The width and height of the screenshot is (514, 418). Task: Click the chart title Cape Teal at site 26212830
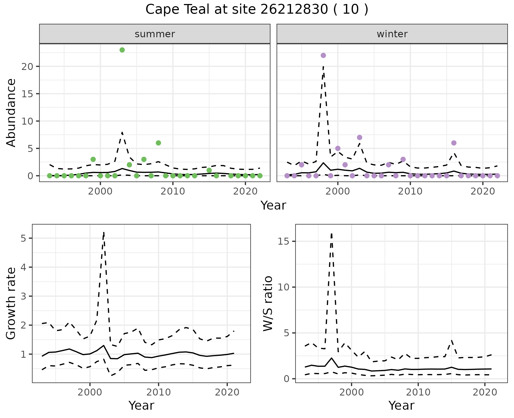256,10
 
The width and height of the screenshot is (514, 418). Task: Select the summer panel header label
155,34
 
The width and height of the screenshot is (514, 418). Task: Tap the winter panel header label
392,34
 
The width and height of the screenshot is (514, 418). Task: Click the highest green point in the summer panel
122,50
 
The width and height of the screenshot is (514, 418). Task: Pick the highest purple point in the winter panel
323,55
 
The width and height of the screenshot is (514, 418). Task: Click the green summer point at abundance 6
158,143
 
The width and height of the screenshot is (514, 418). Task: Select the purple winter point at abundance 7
360,137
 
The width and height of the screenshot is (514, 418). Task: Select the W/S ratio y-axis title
268,303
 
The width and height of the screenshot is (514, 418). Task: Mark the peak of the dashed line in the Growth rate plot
104,232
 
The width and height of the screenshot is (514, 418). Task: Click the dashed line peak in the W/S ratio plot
331,234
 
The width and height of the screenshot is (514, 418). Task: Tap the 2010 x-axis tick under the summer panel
173,192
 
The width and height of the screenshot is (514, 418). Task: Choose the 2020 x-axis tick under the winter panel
482,192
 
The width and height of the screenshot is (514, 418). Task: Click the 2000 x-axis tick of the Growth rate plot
90,393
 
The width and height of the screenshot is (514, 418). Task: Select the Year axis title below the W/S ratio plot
401,405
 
